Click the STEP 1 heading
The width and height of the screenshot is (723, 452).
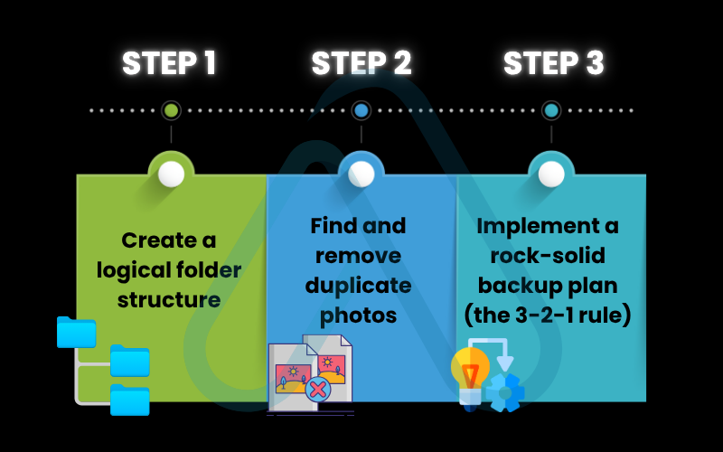click(x=169, y=63)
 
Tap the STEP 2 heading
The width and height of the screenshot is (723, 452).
click(x=361, y=63)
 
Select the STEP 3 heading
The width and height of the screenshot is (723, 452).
click(x=553, y=63)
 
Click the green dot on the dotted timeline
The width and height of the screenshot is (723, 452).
click(x=171, y=110)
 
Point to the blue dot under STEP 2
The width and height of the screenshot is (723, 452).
click(x=361, y=110)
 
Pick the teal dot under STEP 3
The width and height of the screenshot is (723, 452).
click(x=550, y=110)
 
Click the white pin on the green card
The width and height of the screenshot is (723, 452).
click(x=171, y=174)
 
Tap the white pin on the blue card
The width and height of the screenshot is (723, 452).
click(x=361, y=173)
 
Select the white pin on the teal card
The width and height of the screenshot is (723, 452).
click(x=550, y=173)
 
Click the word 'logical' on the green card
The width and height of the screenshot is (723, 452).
click(x=147, y=270)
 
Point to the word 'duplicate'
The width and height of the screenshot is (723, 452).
click(x=358, y=286)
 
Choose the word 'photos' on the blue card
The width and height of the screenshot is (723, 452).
click(x=358, y=315)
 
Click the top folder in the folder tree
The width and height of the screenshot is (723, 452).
click(x=76, y=333)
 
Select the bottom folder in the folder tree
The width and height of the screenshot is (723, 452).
click(x=130, y=400)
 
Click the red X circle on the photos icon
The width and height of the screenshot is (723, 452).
click(x=316, y=390)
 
